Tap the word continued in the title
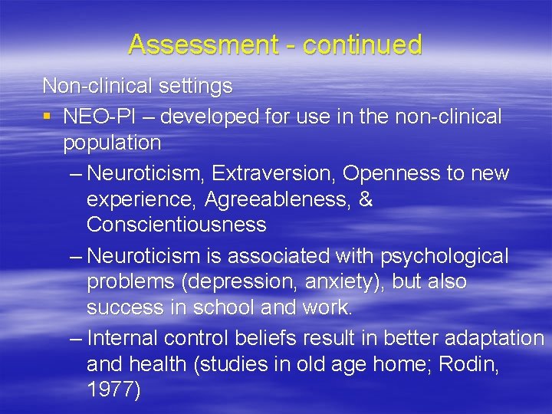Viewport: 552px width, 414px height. click(363, 44)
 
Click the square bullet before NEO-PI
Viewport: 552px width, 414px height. click(48, 117)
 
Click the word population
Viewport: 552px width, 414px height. click(112, 143)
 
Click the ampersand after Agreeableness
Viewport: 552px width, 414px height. click(366, 199)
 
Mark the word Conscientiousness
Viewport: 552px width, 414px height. click(176, 225)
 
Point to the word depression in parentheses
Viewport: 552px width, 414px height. click(238, 282)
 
